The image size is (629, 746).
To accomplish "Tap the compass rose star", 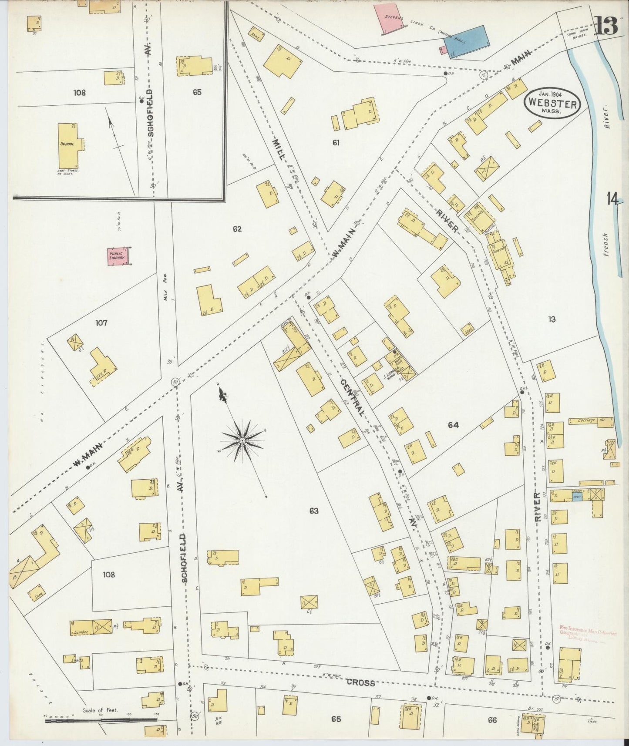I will point(242,440).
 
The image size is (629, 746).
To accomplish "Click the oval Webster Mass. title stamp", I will point(553,103).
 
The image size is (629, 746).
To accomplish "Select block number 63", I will point(314,511).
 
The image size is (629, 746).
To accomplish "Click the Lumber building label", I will point(81,632).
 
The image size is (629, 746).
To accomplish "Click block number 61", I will point(336,142).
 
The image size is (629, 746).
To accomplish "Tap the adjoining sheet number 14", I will point(612,199).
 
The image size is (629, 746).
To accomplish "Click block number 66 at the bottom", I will point(492,720).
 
